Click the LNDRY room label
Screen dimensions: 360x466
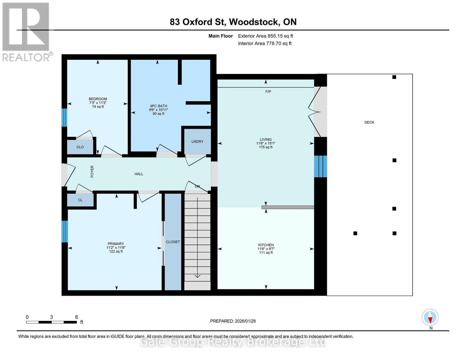click(x=197, y=142)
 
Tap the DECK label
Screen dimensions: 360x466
click(x=369, y=122)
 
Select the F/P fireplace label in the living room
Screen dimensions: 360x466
click(x=268, y=91)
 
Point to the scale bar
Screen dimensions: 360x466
click(x=51, y=322)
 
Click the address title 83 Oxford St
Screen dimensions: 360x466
click(x=233, y=22)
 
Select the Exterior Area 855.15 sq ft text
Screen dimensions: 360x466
click(x=265, y=36)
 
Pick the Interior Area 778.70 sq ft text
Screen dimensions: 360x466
click(x=265, y=43)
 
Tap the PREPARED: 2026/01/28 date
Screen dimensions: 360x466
click(x=233, y=321)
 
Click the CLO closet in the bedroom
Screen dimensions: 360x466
click(x=80, y=147)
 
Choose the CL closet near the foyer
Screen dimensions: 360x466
click(x=80, y=200)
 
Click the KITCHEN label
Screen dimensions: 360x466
click(x=266, y=245)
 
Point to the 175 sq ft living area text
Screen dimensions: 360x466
click(x=266, y=147)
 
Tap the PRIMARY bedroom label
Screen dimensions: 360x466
click(x=116, y=244)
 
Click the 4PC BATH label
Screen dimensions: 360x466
click(x=158, y=106)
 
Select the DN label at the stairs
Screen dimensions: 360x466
click(x=197, y=186)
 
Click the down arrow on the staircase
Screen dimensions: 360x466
click(x=197, y=275)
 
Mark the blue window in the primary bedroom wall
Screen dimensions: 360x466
click(x=65, y=231)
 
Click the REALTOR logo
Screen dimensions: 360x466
click(x=26, y=31)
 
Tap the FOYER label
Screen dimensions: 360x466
click(x=92, y=171)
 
